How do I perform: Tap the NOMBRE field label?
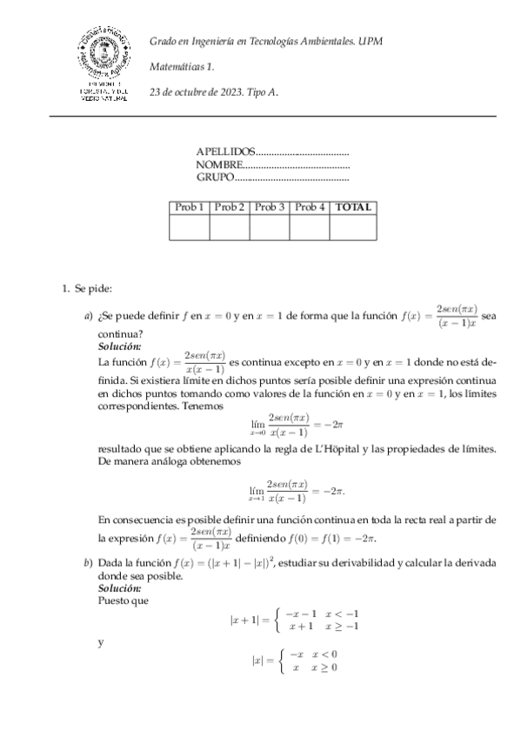pyautogui.click(x=218, y=164)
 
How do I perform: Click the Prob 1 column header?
pyautogui.click(x=190, y=207)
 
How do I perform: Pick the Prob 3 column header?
pyautogui.click(x=270, y=207)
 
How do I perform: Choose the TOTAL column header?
pyautogui.click(x=353, y=207)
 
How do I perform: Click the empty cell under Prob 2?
pyautogui.click(x=230, y=226)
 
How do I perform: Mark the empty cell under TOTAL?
pyautogui.click(x=353, y=226)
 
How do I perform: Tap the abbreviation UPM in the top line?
pyautogui.click(x=371, y=41)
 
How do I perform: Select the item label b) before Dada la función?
pyautogui.click(x=88, y=564)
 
